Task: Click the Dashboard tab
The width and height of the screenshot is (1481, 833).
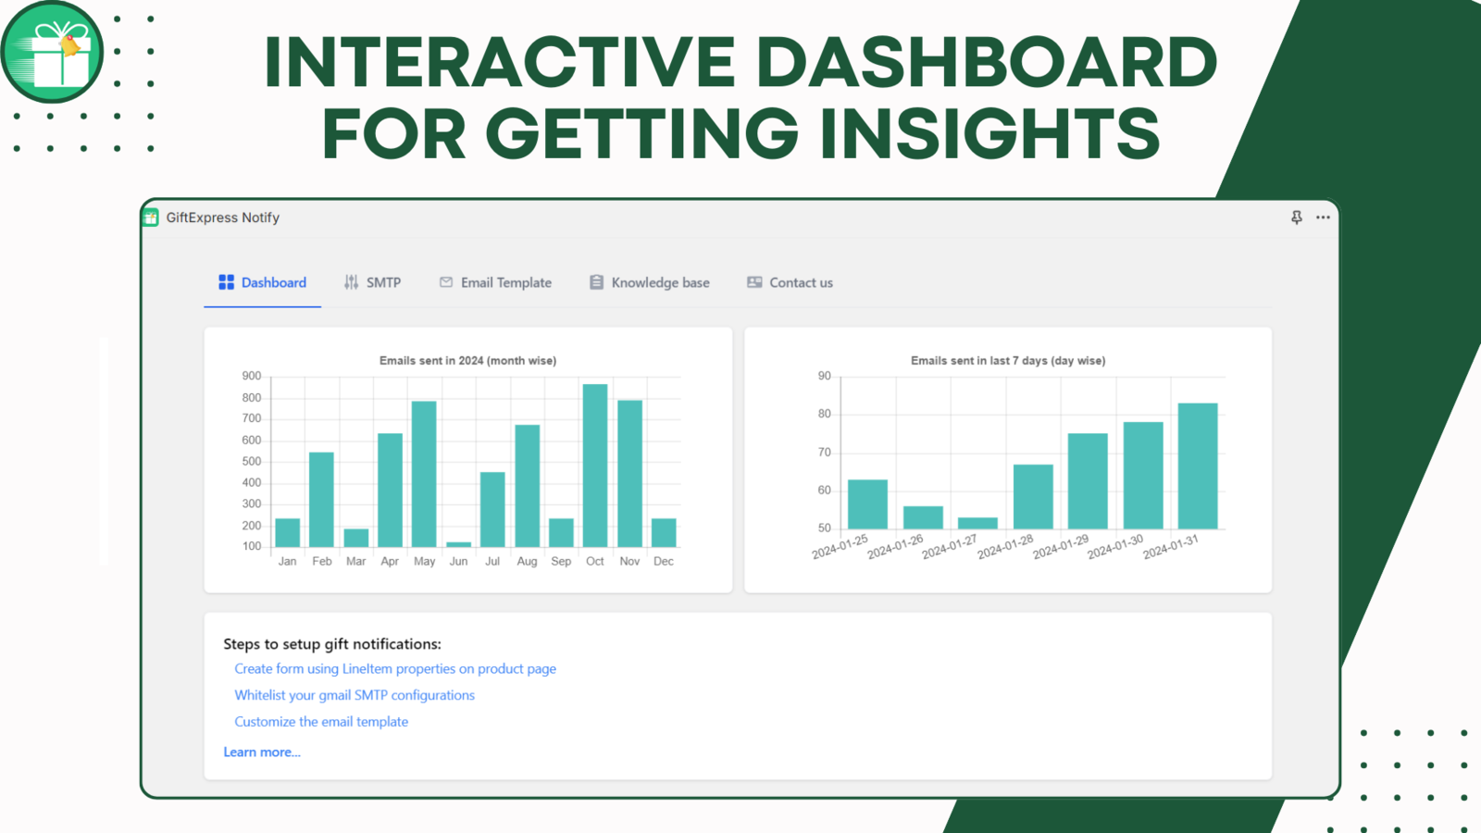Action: (x=263, y=282)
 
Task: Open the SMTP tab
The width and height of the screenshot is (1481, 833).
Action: (x=372, y=282)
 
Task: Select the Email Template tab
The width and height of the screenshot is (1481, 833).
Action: (x=496, y=282)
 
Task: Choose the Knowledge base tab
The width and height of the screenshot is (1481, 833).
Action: (x=650, y=282)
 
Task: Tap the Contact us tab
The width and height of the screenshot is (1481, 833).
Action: (x=790, y=282)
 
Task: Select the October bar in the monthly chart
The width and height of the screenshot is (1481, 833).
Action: (x=595, y=466)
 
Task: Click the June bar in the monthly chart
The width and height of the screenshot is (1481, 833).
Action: (x=459, y=544)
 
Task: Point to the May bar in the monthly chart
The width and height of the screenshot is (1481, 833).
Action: (x=424, y=474)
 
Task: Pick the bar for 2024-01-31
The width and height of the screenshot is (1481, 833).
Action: (x=1198, y=466)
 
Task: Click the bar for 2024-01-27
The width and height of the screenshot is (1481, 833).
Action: (x=977, y=523)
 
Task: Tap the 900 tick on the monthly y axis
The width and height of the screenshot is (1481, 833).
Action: (x=252, y=376)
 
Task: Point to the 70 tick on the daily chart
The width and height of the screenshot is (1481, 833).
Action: (x=825, y=453)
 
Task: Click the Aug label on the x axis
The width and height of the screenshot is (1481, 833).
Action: (x=527, y=561)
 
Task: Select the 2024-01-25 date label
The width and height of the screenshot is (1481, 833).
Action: (x=840, y=547)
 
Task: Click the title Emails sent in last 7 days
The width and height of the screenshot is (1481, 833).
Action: (x=1008, y=360)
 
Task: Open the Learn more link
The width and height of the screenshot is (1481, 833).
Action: (x=262, y=752)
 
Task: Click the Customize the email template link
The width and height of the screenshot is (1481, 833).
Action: (x=321, y=721)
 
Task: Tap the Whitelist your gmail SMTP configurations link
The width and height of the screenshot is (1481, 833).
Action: (x=355, y=695)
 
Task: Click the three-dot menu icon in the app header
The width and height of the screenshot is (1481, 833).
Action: (x=1323, y=218)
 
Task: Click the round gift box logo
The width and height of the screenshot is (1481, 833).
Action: (x=52, y=52)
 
